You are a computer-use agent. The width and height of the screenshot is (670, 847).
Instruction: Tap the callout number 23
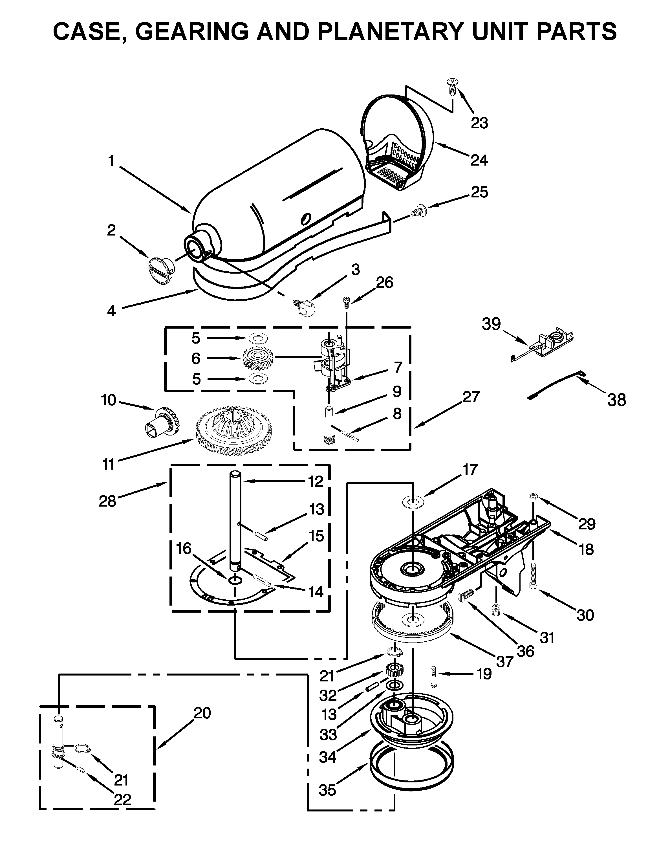pos(479,123)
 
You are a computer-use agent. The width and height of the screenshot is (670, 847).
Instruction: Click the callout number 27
pos(471,397)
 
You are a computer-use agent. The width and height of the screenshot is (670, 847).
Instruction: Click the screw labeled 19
pos(433,677)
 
